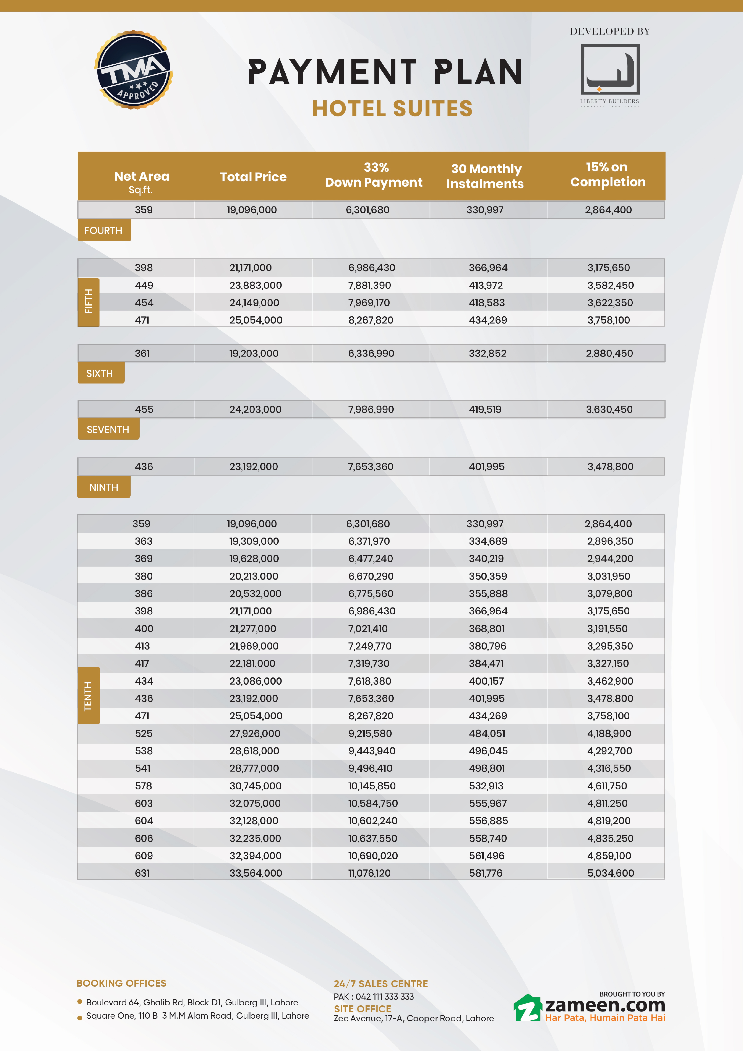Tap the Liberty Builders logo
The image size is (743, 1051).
coord(610,74)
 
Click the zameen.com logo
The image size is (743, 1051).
coord(590,1008)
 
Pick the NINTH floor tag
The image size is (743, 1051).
coord(103,487)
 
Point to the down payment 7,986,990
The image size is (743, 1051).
coord(371,409)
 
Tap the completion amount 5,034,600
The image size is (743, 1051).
coord(610,873)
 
